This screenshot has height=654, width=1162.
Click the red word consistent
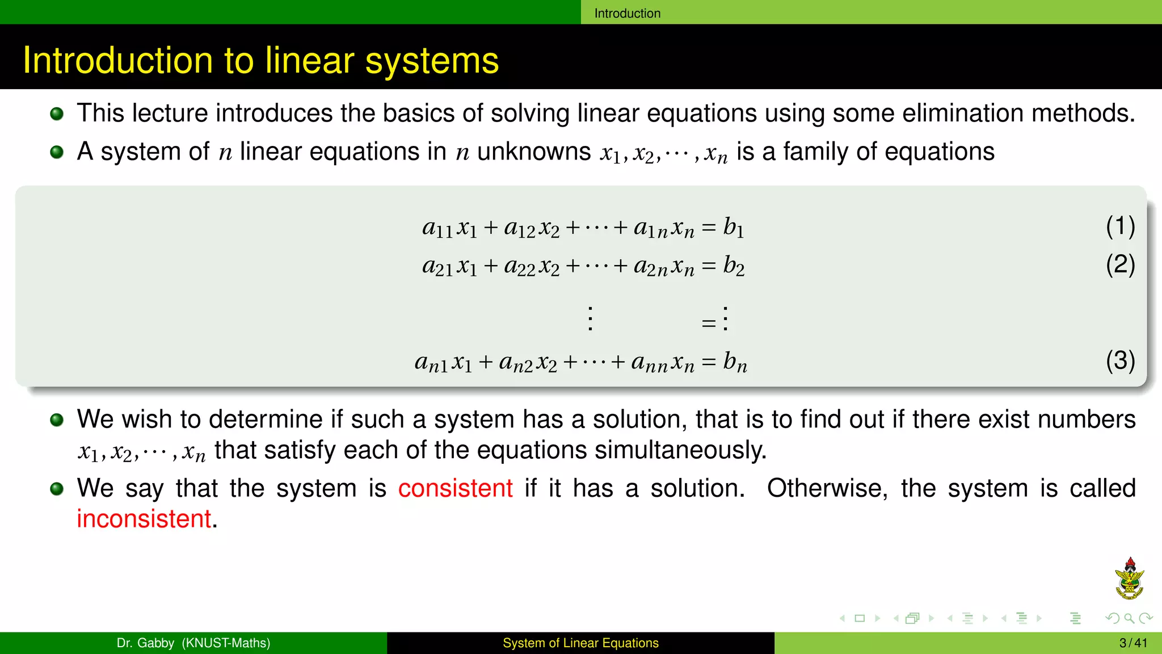tap(455, 488)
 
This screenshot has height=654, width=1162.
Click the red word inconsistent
tap(144, 519)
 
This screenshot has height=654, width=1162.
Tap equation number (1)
tap(1120, 226)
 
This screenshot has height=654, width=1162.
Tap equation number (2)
tap(1120, 265)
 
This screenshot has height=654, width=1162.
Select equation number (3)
tap(1120, 360)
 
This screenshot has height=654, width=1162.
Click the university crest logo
tap(1129, 579)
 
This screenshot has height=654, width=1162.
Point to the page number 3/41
tap(1133, 643)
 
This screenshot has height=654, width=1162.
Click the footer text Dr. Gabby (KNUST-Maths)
tap(193, 643)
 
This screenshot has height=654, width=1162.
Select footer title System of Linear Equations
tap(580, 643)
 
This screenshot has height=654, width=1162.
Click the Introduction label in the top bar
tap(627, 13)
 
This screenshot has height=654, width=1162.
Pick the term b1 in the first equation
tap(733, 227)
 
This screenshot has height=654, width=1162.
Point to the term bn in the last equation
tap(735, 362)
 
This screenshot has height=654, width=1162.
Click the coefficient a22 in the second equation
tap(519, 266)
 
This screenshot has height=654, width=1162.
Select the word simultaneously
tap(680, 450)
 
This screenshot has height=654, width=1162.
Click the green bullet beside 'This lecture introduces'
tap(57, 114)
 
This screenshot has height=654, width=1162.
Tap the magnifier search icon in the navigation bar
tap(1129, 618)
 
